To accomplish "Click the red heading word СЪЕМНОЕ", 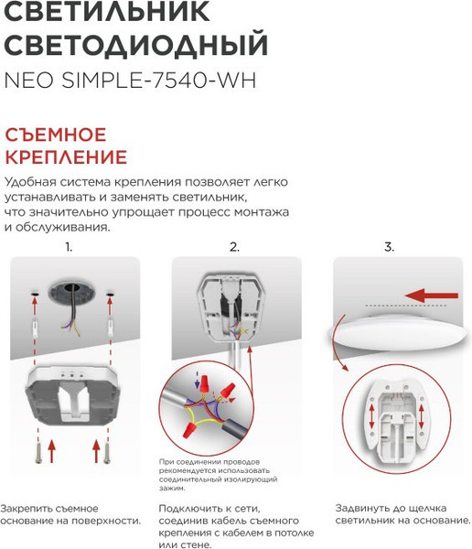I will point(56,134).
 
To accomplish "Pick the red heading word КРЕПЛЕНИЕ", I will point(66,157).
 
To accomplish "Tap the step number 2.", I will point(234,247).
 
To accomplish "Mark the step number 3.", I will point(389,247).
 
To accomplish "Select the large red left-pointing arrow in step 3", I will point(431,296).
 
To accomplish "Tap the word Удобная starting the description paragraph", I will point(31,180).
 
